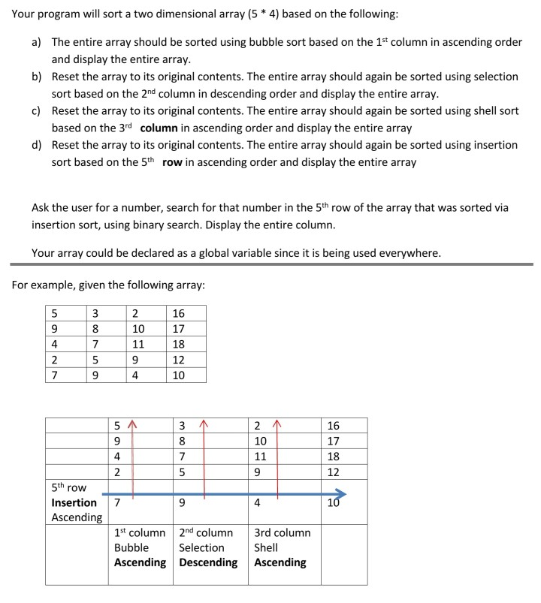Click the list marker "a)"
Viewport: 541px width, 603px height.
(x=37, y=43)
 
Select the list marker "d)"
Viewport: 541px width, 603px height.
(x=37, y=145)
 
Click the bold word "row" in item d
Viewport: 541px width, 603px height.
(x=172, y=162)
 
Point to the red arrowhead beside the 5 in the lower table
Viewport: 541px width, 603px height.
(x=133, y=426)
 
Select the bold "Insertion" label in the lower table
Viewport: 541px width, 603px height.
(x=74, y=503)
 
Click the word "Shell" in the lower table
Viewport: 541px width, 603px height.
(x=266, y=547)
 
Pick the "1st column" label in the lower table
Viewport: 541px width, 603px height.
(x=140, y=532)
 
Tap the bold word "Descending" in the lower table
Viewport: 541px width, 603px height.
(x=208, y=562)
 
